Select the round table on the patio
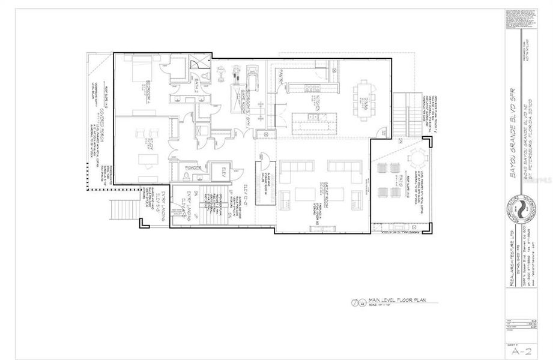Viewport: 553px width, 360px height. click(x=416, y=157)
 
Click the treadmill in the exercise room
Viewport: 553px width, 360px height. click(x=253, y=77)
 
